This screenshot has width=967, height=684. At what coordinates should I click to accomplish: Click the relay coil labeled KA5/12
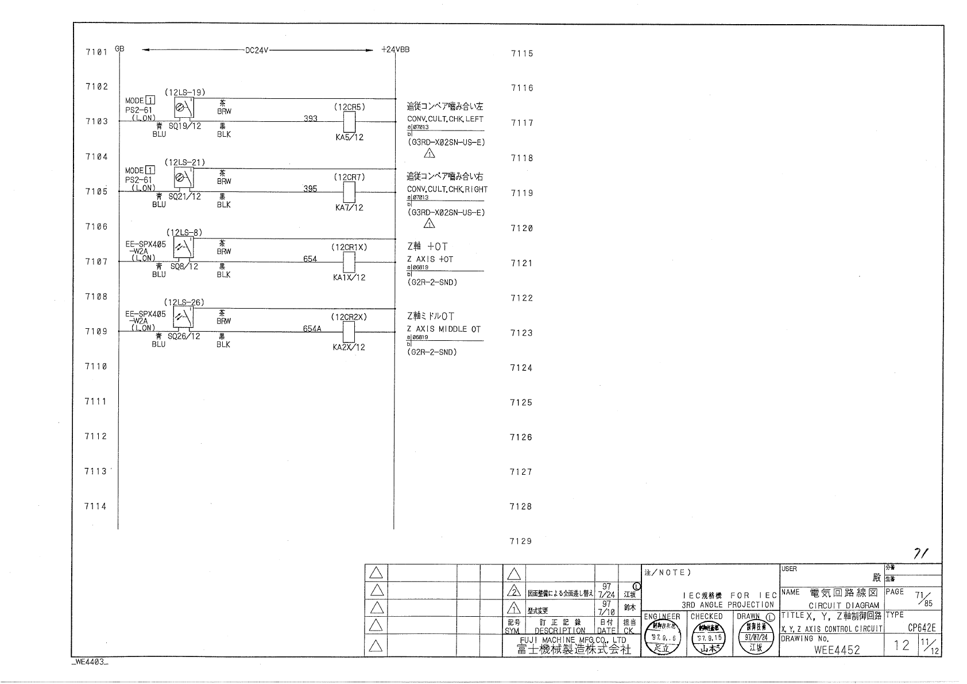pos(349,122)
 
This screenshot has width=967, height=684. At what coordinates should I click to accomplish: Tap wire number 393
pos(311,118)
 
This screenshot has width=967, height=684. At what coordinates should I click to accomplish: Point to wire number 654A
pos(312,329)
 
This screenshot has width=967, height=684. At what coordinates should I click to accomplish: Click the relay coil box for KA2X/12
pos(349,332)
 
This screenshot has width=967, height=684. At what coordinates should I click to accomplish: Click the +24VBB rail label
pos(396,50)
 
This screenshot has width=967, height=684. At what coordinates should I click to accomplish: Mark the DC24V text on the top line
pos(257,51)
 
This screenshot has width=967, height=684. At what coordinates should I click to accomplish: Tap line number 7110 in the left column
pos(96,367)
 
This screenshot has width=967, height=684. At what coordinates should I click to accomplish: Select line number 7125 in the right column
pos(521,403)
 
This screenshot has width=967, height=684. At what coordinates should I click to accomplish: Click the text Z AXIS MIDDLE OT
pos(444,329)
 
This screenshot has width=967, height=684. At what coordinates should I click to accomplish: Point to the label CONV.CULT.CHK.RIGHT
pos(447,189)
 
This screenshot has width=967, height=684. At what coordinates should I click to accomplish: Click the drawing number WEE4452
pos(837,650)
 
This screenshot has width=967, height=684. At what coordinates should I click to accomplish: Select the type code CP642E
pos(922,628)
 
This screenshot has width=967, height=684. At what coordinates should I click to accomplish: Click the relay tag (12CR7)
pos(349,177)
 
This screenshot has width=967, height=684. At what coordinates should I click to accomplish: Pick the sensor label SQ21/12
pos(184,196)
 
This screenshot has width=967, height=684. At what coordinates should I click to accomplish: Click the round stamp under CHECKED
pos(707,640)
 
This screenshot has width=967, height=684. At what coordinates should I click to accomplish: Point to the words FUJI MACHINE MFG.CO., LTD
pos(573,640)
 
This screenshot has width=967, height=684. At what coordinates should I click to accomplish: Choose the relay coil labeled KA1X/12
pos(349,262)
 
